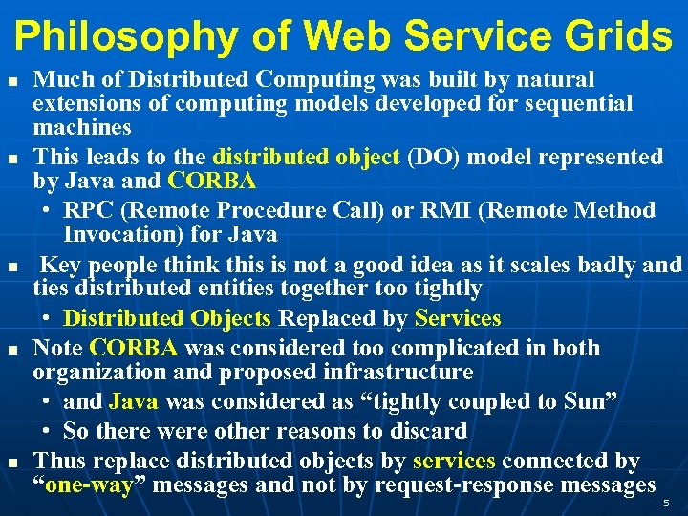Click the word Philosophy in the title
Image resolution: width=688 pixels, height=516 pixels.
click(x=124, y=36)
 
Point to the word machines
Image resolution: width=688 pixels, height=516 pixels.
click(x=82, y=127)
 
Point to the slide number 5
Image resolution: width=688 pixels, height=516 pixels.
click(x=667, y=501)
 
